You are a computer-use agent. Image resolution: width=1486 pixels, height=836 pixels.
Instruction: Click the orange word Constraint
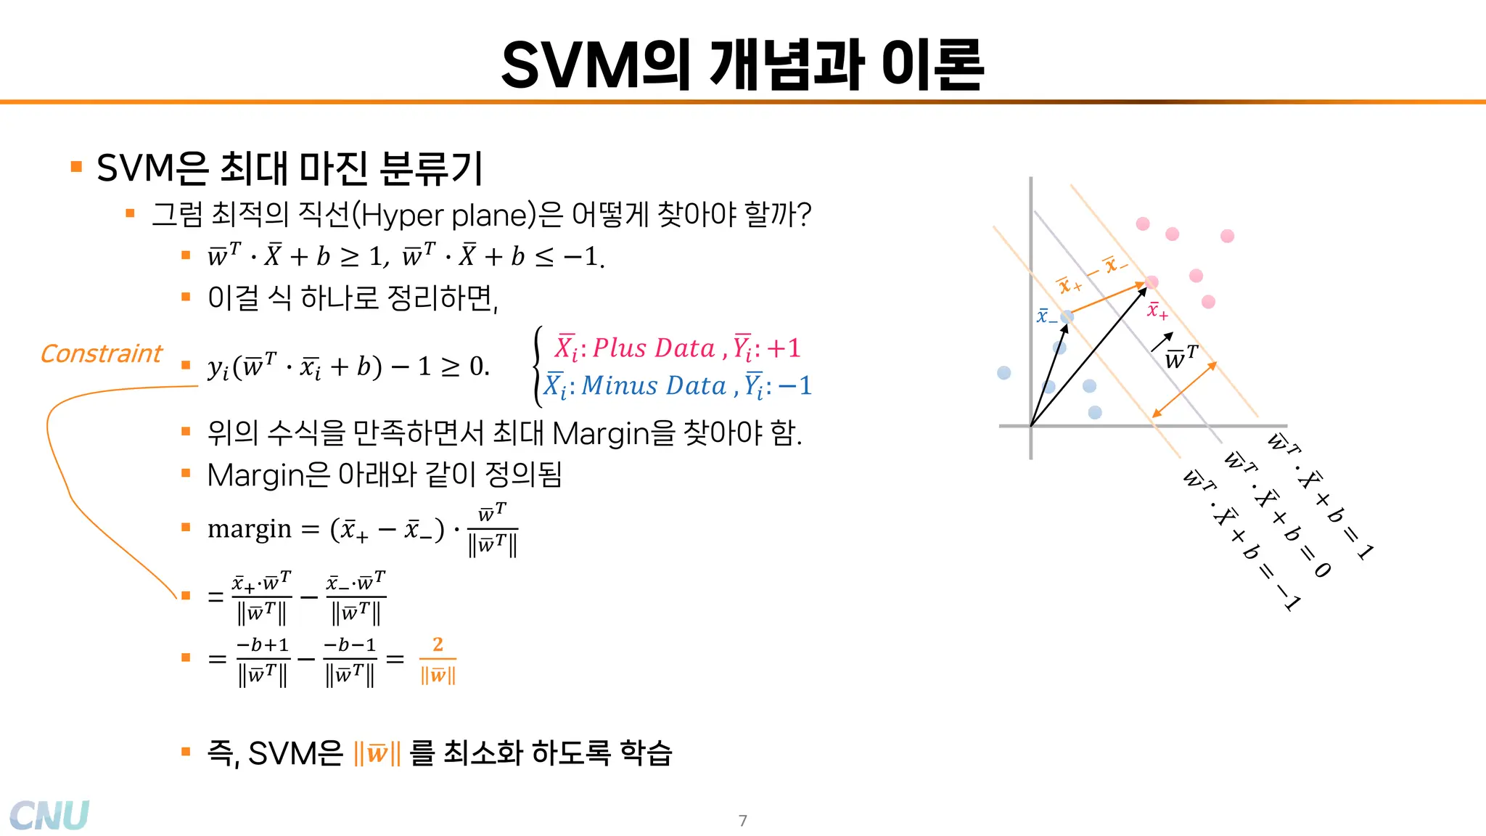click(x=102, y=353)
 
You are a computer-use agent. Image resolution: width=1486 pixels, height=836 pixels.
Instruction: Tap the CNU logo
click(x=49, y=815)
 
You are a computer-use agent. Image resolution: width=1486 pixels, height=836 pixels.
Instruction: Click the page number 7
click(x=742, y=821)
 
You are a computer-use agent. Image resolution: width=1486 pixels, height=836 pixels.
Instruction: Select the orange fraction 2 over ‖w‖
click(x=438, y=660)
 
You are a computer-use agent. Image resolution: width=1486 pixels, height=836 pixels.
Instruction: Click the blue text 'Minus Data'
click(x=654, y=385)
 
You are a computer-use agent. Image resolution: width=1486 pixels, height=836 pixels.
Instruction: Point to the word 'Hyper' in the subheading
click(x=401, y=215)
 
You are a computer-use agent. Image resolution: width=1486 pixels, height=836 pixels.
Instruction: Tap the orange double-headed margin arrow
click(x=1184, y=390)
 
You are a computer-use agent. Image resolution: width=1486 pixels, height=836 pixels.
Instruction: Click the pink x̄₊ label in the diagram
click(x=1157, y=311)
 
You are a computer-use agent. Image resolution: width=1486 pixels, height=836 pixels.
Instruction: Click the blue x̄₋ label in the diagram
click(x=1046, y=316)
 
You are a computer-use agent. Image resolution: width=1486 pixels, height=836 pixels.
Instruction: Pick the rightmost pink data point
click(x=1227, y=236)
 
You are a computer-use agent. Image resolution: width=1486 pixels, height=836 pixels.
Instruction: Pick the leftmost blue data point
click(x=1004, y=373)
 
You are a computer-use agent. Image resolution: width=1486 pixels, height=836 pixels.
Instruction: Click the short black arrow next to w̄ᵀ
click(x=1162, y=342)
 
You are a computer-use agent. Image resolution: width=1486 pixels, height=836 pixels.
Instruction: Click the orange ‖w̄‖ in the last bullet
click(x=377, y=753)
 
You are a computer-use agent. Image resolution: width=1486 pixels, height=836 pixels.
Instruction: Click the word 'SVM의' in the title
click(x=595, y=65)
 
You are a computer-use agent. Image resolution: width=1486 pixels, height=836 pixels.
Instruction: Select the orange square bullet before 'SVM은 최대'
click(x=76, y=167)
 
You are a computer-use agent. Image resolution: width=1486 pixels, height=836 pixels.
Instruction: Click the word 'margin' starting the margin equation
click(x=250, y=529)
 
